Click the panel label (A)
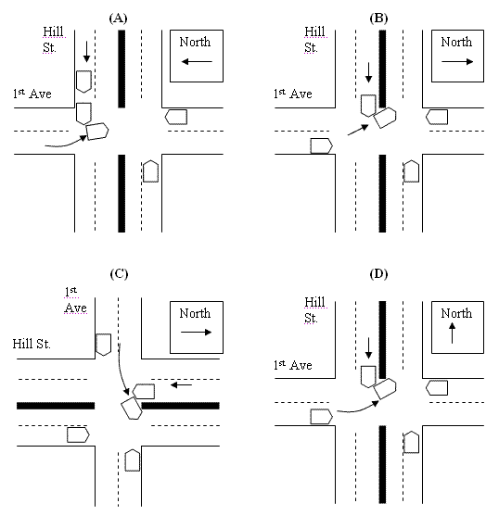(x=118, y=19)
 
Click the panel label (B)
(x=378, y=19)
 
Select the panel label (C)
(x=119, y=274)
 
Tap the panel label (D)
(x=378, y=274)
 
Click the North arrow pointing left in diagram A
(x=197, y=61)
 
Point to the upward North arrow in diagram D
(x=453, y=333)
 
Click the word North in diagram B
(x=456, y=42)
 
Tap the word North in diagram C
(x=195, y=313)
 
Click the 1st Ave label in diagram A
(x=32, y=94)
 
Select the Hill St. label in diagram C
(x=32, y=344)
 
